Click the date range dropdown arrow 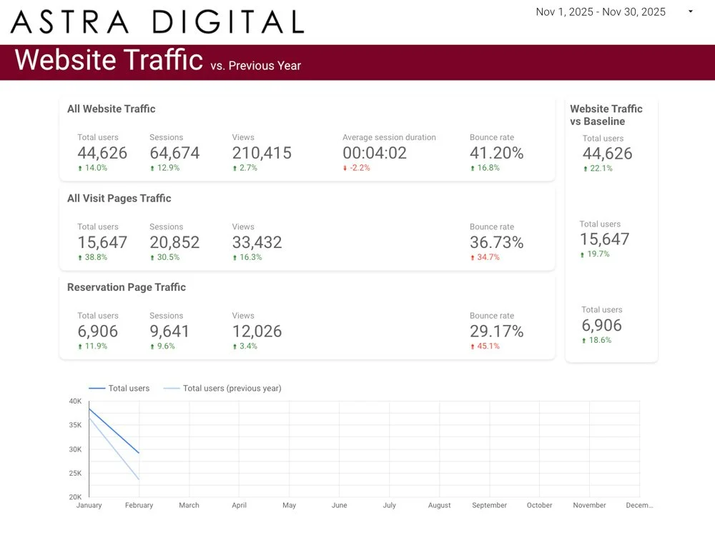click(x=691, y=11)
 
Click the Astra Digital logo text click(x=157, y=21)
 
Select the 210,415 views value click(x=262, y=153)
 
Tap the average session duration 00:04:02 click(x=375, y=153)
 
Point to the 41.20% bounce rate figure click(x=497, y=153)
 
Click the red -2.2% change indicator click(x=357, y=168)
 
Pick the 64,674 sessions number click(x=174, y=153)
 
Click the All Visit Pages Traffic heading click(x=119, y=199)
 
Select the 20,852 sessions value click(x=174, y=242)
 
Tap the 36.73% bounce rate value click(x=497, y=242)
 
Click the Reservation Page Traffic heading click(x=127, y=287)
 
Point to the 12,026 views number click(x=257, y=331)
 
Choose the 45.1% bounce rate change click(x=485, y=346)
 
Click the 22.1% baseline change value click(x=598, y=168)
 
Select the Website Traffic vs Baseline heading click(x=606, y=115)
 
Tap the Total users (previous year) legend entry click(x=222, y=389)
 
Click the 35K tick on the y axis click(x=75, y=425)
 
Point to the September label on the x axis click(x=489, y=505)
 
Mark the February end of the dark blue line click(x=139, y=453)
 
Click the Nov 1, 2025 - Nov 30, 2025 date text click(x=601, y=12)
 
